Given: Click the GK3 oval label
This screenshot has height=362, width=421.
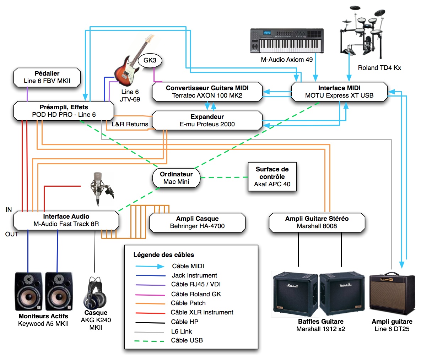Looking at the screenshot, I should pos(150,60).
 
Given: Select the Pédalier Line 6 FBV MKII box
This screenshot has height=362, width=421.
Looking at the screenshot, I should pos(47,77).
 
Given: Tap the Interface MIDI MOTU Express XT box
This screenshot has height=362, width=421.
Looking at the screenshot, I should pos(339,92).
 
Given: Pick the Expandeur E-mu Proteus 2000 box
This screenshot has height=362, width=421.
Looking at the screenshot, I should pos(207,121).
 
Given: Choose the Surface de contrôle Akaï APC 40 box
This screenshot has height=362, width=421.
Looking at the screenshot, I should pos(272,177).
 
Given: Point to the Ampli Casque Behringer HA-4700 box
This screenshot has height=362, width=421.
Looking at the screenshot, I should pos(197,223).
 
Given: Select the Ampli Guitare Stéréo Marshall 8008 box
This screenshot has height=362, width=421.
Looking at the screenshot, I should pos(317,223).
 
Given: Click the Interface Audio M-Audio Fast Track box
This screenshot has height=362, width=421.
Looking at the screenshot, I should pos(66,220).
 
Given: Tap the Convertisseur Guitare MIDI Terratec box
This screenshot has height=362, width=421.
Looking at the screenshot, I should pos(207,92).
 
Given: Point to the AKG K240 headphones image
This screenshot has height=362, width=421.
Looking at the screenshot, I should pos(95,293).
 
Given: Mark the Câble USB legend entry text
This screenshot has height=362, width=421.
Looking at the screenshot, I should pos(187,340).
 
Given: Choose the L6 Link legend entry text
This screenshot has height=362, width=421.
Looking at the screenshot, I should pos(182,331).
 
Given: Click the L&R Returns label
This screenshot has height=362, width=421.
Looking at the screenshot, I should pos(130,124).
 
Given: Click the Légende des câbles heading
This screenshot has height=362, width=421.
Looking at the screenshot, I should pos(163,255).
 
